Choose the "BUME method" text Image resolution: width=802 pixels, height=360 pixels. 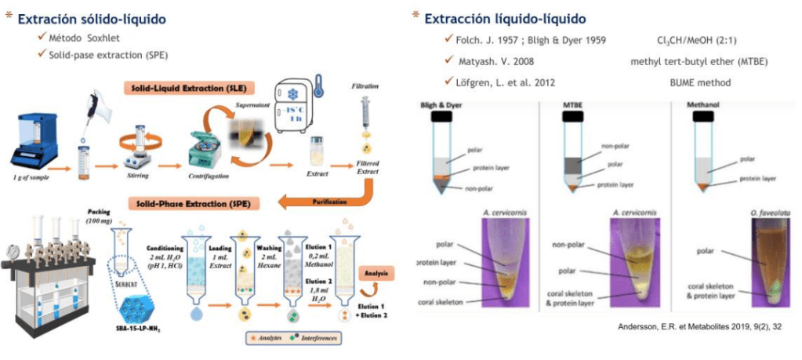click(x=699, y=82)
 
